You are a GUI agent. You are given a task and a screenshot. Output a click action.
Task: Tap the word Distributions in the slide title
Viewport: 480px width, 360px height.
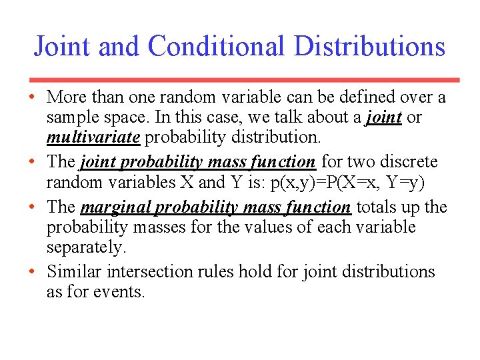point(369,47)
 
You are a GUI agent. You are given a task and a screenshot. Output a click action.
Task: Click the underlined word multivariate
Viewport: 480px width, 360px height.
point(93,138)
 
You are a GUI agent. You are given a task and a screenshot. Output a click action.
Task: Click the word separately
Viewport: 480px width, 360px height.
point(86,247)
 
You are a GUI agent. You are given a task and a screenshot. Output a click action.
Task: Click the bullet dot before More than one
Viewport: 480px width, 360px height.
point(32,98)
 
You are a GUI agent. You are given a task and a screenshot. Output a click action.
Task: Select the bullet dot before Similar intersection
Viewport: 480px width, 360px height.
point(32,272)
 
